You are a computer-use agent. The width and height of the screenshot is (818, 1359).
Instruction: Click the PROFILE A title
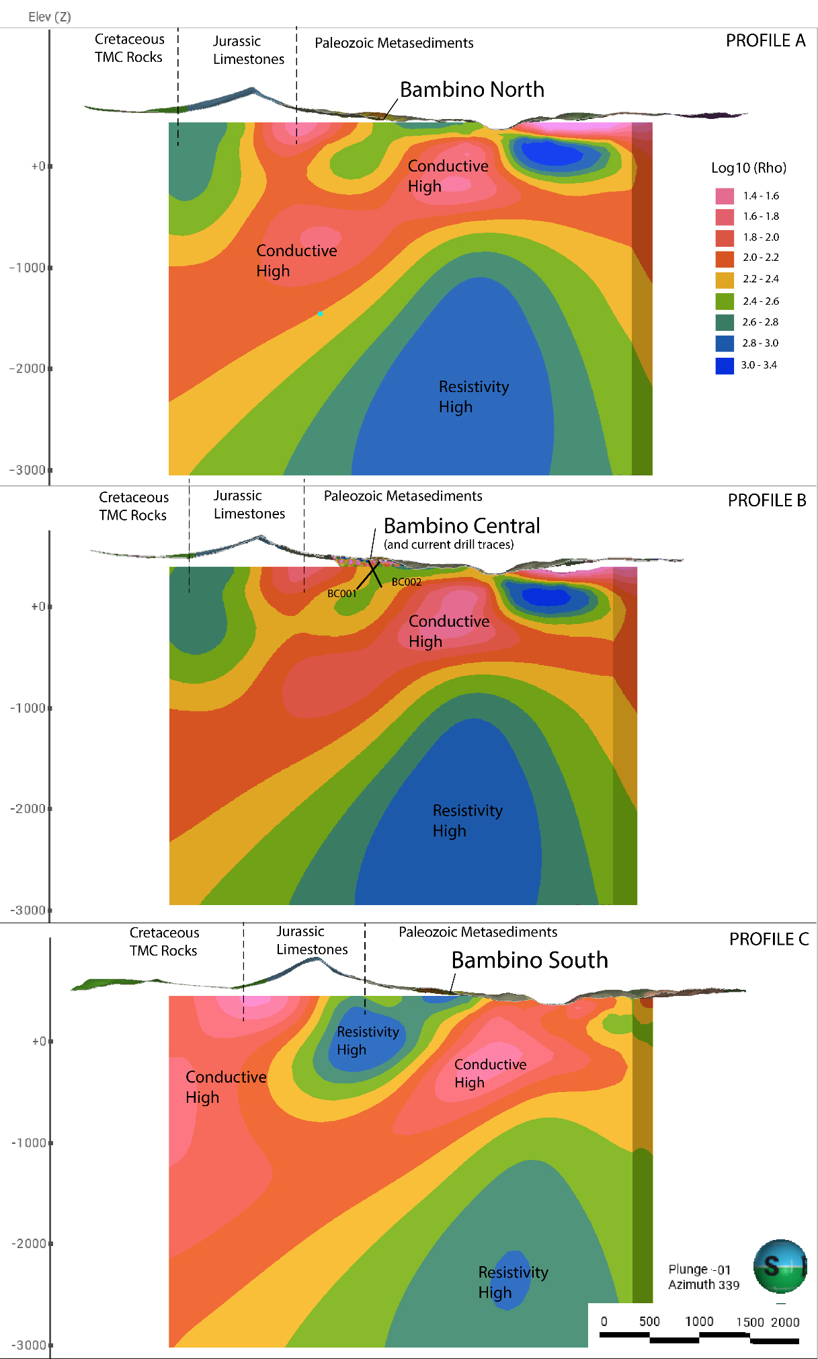coord(765,41)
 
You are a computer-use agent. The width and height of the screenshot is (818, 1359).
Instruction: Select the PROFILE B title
coord(766,501)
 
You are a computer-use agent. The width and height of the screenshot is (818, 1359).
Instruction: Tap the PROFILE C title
coord(768,939)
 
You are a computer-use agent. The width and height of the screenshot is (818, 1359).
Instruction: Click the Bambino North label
coord(472,90)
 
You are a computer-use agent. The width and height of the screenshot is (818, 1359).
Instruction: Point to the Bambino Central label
coord(461,526)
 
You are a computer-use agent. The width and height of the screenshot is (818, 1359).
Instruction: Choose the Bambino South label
coord(529,960)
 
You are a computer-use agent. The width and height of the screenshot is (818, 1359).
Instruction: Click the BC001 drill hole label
coord(341,594)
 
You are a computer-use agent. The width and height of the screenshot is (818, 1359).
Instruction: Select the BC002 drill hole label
coord(406,582)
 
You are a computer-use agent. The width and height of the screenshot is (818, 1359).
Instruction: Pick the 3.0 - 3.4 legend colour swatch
coord(725,366)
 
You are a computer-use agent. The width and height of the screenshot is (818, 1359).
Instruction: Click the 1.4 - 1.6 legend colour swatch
coord(725,196)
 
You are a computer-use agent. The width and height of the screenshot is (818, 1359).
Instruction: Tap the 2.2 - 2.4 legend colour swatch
coord(725,280)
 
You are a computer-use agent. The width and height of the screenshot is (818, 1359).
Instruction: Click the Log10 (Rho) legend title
coord(748,168)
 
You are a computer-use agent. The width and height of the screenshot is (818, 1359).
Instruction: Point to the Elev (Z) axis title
coord(49,17)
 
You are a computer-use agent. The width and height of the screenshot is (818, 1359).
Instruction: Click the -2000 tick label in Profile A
coord(28,368)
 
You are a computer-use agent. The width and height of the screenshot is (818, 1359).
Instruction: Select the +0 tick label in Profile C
coord(39,1042)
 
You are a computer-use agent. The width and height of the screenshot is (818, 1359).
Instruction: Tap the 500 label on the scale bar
coord(649,1321)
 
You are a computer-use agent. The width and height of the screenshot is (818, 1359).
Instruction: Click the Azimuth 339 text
coord(703,1285)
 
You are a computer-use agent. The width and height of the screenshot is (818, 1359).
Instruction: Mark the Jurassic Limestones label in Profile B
coord(249,504)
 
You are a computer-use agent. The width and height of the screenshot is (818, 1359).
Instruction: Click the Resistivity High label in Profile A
coord(473,397)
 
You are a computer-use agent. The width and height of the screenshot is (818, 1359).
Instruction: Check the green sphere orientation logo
coord(780,1267)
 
